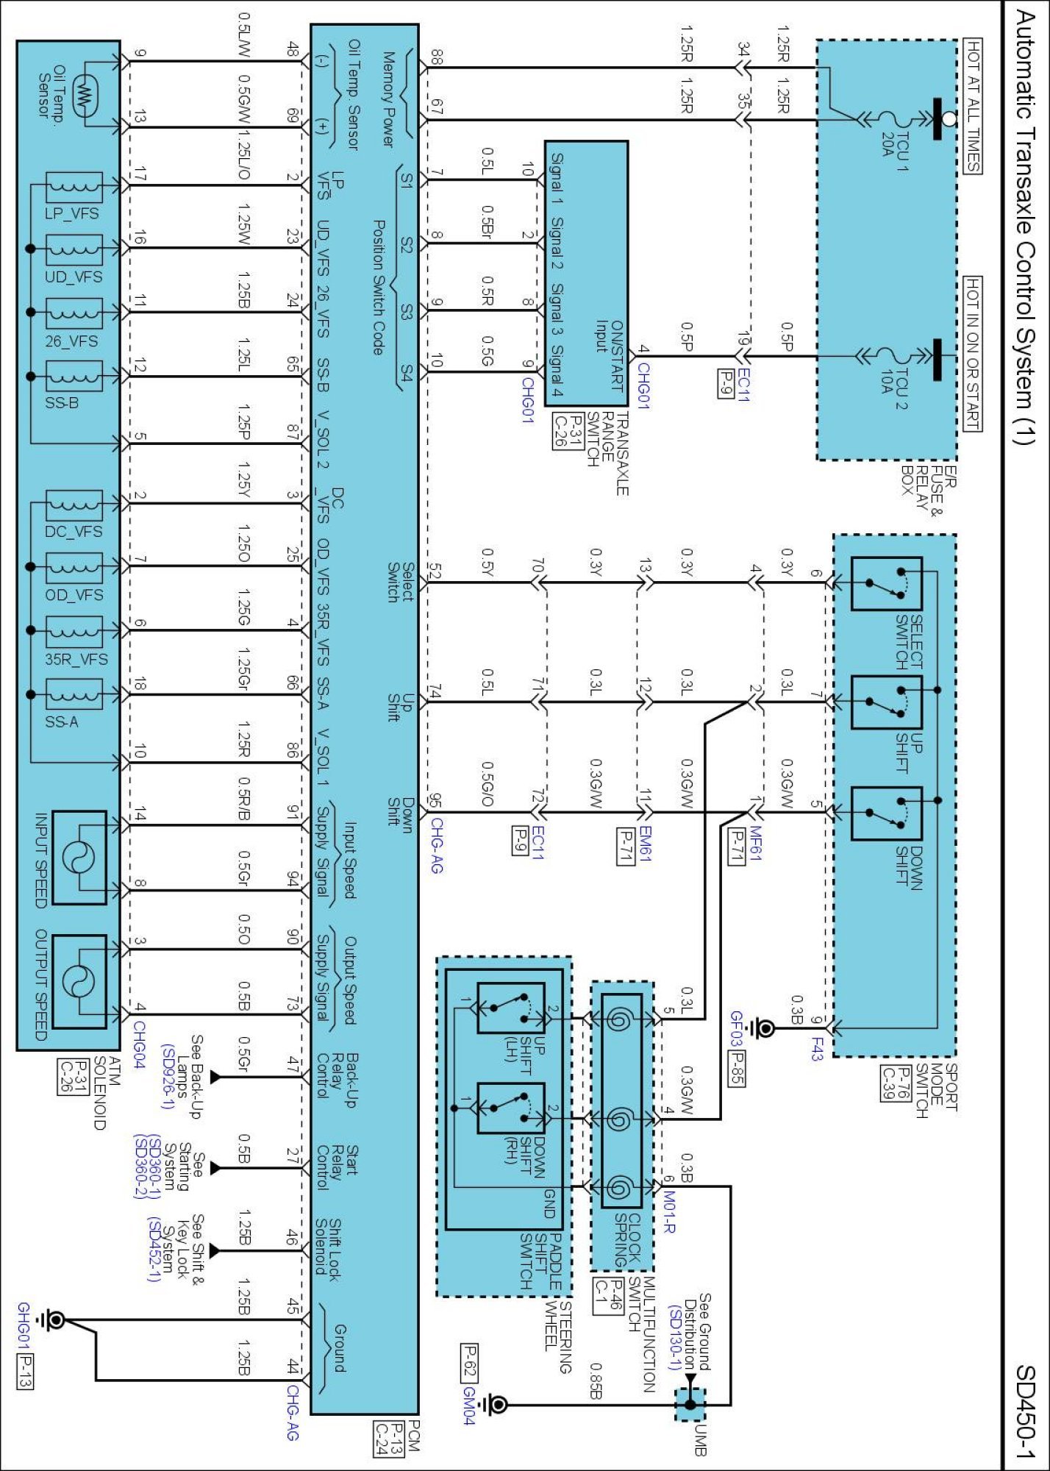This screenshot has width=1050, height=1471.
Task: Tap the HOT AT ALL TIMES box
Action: tap(973, 106)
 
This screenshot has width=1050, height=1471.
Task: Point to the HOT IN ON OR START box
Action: tap(973, 354)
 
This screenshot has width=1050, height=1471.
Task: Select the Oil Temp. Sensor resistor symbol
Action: tap(86, 94)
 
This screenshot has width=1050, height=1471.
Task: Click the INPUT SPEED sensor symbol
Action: tap(79, 858)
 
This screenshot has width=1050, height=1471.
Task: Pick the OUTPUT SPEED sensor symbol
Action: tap(79, 981)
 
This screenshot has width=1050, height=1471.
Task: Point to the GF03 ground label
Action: tap(737, 1029)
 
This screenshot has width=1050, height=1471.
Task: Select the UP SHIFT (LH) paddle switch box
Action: tap(511, 1008)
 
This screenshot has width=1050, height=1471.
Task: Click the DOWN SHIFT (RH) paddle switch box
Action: tap(511, 1108)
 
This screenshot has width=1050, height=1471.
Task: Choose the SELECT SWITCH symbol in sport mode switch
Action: tap(886, 584)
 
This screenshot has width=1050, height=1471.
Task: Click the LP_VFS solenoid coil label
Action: tap(72, 213)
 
